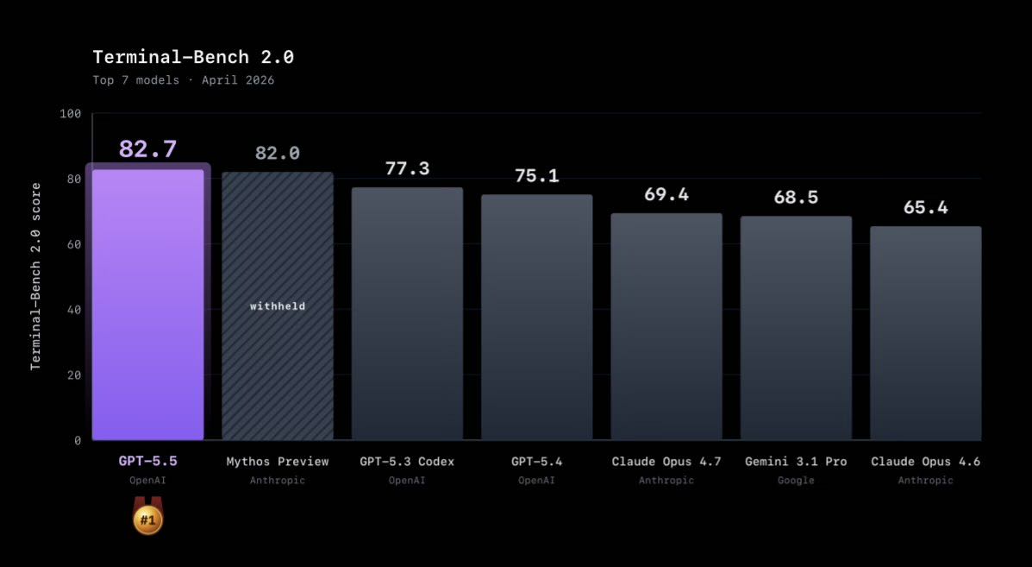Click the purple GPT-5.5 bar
point(147,305)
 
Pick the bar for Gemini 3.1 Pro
point(796,328)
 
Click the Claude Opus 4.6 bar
point(925,333)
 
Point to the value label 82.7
point(147,149)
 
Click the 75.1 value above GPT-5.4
point(536,176)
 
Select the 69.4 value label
point(666,194)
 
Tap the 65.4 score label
point(925,207)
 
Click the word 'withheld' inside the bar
point(278,306)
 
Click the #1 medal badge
point(147,520)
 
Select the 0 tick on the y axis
point(77,440)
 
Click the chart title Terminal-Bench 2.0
point(193,58)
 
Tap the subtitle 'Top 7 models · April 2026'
point(184,80)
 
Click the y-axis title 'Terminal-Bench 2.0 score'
point(36,276)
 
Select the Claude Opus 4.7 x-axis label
point(666,462)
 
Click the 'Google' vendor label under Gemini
point(796,481)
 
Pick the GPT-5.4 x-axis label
point(536,462)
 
